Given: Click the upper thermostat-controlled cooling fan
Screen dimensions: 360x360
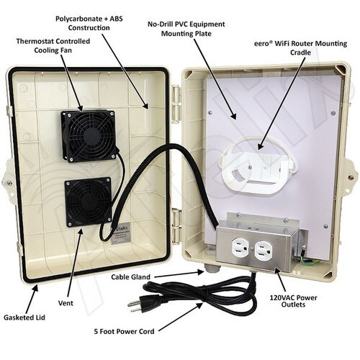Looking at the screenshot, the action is point(89,135).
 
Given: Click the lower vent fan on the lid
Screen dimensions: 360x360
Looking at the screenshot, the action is point(88,202).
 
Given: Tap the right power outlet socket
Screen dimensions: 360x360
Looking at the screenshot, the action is point(264,250).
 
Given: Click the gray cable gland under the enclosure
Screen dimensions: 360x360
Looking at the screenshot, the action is point(210,269).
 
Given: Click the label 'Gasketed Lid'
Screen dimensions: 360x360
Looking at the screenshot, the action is point(24,318).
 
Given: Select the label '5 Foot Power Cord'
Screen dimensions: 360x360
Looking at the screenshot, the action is point(124,332).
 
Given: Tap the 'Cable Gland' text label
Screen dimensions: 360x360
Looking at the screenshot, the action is point(131,277).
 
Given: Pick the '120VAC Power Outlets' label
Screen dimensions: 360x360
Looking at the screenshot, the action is point(293,301).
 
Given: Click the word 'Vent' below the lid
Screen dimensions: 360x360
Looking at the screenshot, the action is point(66,303).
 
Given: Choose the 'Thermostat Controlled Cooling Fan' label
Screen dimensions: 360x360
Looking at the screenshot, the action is point(53,45).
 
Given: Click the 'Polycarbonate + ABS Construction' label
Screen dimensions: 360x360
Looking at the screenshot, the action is point(89,23).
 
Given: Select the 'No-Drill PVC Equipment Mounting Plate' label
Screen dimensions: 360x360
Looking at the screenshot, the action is point(186,29).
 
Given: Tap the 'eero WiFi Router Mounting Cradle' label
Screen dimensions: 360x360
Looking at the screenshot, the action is point(300,48).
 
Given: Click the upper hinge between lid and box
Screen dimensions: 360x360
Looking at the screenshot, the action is point(176,103).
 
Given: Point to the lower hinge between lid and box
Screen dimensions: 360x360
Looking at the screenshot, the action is point(177,225).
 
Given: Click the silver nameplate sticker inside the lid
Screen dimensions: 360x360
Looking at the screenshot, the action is point(122,237).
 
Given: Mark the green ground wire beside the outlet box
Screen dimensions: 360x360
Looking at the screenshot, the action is point(305,260).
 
